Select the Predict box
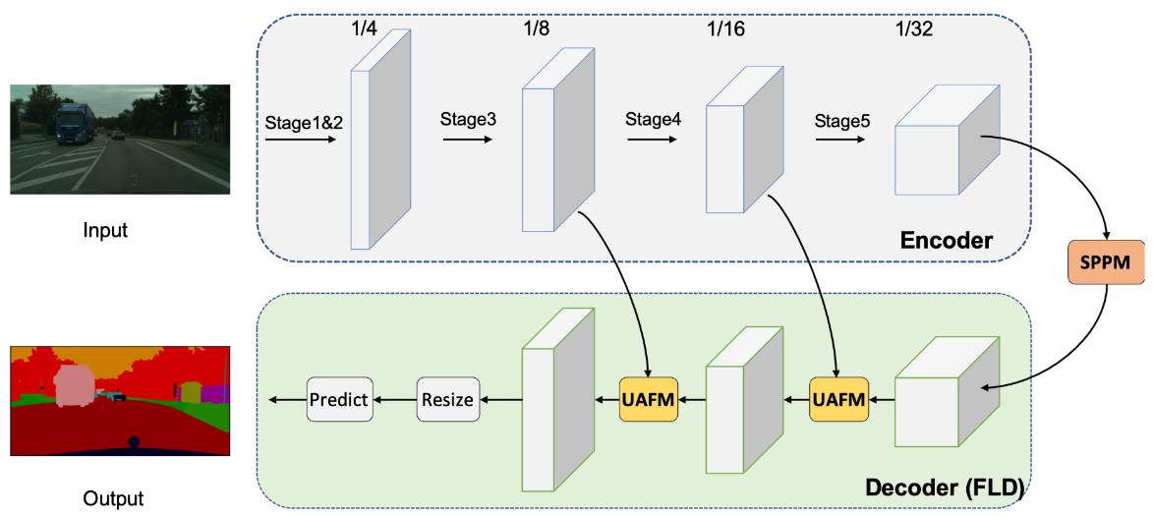[338, 399]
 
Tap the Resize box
[447, 399]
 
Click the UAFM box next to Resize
[649, 400]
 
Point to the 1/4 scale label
[364, 29]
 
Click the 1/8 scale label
[537, 29]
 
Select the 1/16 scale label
[724, 29]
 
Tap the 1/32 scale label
[913, 29]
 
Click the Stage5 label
[841, 120]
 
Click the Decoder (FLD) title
[942, 487]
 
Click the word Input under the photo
[105, 231]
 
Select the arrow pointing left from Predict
[285, 399]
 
